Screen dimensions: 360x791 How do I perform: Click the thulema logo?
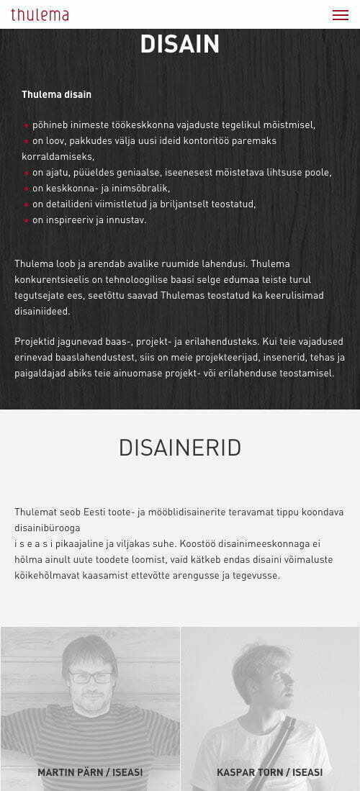[x=40, y=14]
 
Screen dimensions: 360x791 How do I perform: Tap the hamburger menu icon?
[x=340, y=15]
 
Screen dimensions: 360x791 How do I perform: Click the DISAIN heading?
[x=180, y=45]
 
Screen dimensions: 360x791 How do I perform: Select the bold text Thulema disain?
[x=56, y=94]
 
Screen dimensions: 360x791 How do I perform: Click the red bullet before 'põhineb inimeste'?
[x=27, y=126]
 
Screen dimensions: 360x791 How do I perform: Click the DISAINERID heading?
[x=180, y=448]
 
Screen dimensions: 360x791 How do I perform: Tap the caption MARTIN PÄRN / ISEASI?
[x=90, y=772]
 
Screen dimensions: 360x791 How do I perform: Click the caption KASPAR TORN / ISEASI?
[x=269, y=772]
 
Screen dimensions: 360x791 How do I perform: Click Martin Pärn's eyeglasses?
[x=91, y=677]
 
